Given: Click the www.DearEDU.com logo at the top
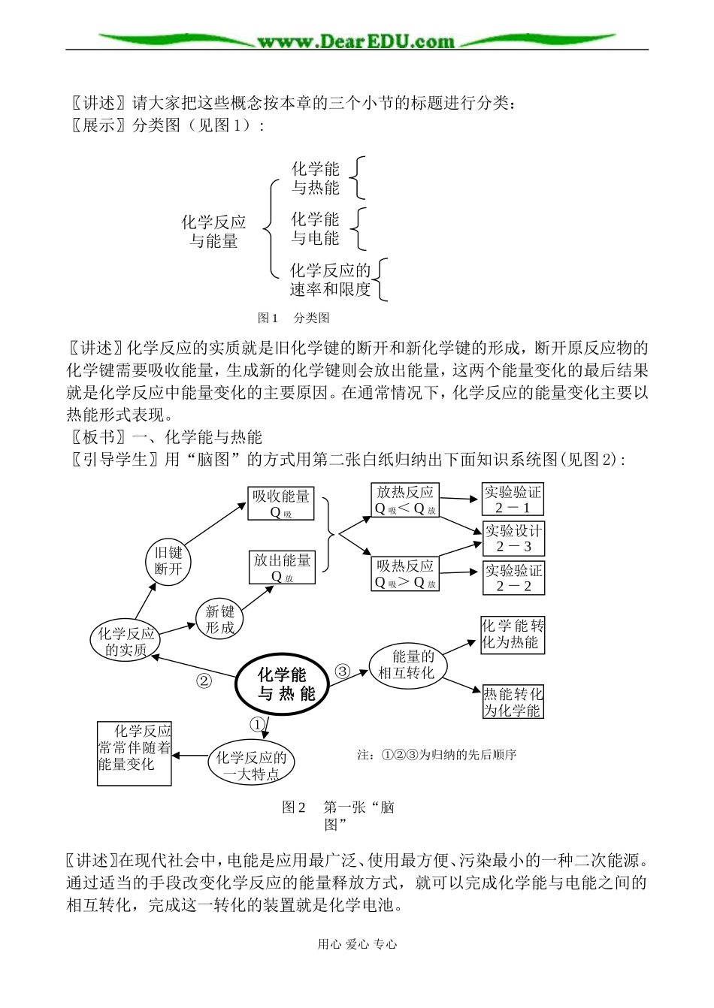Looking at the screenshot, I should pyautogui.click(x=356, y=41).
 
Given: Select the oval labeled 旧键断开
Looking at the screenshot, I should pyautogui.click(x=168, y=560).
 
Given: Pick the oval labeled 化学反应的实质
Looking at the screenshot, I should pyautogui.click(x=126, y=641).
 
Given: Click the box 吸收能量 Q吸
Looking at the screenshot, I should pyautogui.click(x=282, y=504).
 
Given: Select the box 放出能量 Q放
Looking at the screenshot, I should pyautogui.click(x=282, y=567).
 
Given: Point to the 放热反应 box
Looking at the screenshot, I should pyautogui.click(x=406, y=500).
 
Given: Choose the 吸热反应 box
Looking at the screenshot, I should pyautogui.click(x=406, y=574).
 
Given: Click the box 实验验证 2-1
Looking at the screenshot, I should pyautogui.click(x=513, y=500).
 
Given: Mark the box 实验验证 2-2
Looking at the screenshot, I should pyautogui.click(x=513, y=578).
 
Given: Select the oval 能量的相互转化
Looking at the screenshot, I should pyautogui.click(x=413, y=665).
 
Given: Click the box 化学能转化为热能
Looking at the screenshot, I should pyautogui.click(x=513, y=635).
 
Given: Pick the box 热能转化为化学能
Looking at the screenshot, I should pyautogui.click(x=513, y=702).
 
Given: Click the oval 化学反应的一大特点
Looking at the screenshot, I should pyautogui.click(x=251, y=766).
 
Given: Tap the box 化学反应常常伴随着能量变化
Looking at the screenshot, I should pyautogui.click(x=135, y=753).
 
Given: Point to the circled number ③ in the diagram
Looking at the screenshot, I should pyautogui.click(x=342, y=671).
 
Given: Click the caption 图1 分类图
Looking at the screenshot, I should pyautogui.click(x=293, y=318).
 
